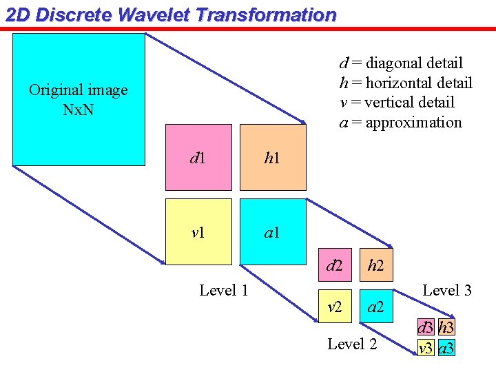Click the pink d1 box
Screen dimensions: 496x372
click(198, 157)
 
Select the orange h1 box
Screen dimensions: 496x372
click(272, 157)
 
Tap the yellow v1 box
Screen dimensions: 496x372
click(198, 231)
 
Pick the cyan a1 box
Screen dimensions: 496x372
click(272, 231)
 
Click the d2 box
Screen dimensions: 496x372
click(335, 265)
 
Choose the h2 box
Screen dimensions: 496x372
click(376, 265)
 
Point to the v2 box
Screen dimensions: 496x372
click(335, 306)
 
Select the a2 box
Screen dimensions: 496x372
click(376, 306)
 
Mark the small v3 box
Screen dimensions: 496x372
click(426, 348)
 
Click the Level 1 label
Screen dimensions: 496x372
click(223, 290)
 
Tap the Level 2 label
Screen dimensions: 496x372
click(352, 343)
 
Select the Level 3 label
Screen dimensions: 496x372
click(446, 290)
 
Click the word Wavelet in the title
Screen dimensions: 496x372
click(154, 14)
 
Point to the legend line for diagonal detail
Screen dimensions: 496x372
click(400, 63)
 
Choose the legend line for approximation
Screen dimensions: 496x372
click(400, 123)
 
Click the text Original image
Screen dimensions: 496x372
click(78, 90)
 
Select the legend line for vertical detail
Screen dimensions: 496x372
click(397, 103)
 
